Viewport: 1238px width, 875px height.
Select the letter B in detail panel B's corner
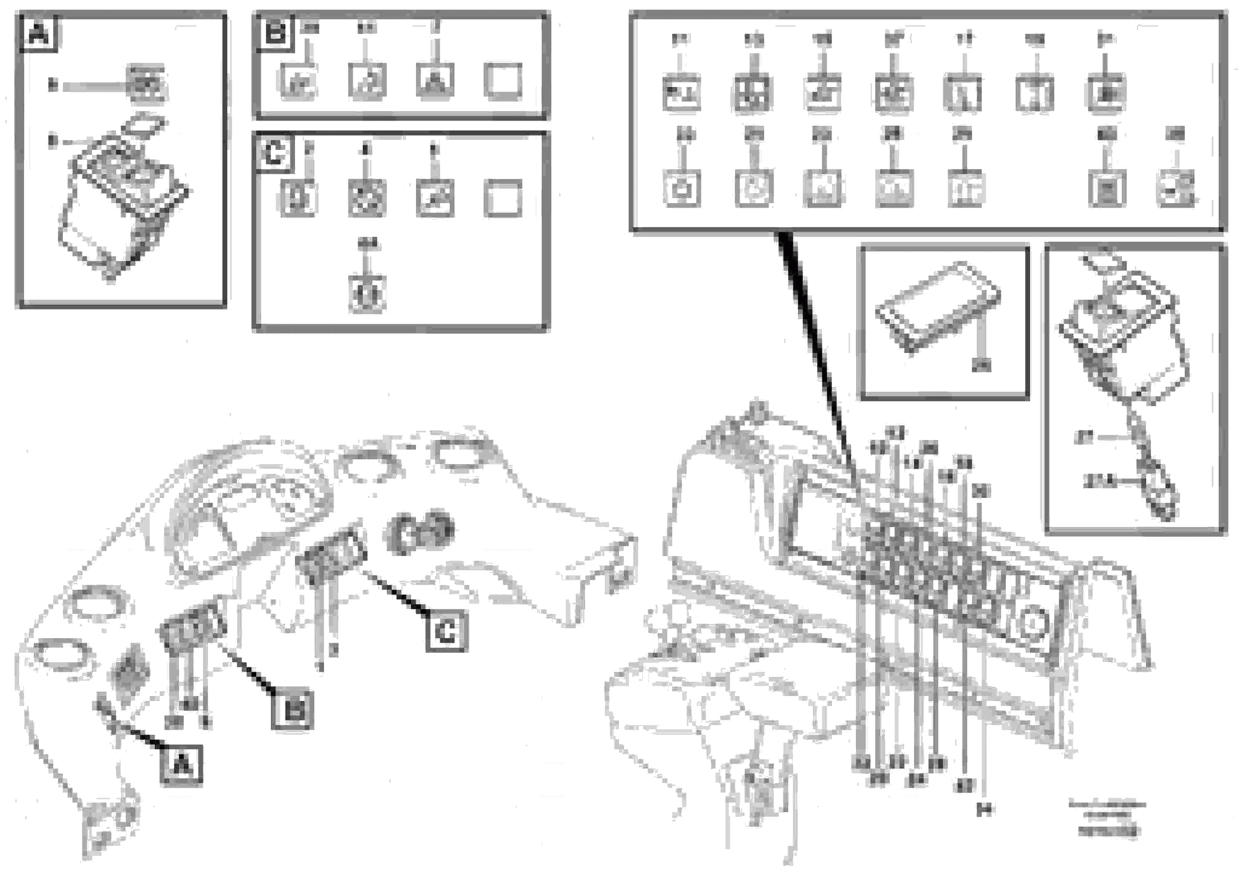pos(275,32)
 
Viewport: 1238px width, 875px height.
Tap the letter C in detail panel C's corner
pos(274,153)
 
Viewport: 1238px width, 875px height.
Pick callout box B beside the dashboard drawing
pos(293,709)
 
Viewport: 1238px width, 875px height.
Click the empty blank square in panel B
pos(503,81)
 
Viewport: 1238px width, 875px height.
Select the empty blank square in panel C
pos(503,198)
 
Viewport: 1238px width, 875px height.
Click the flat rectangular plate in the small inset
pos(938,305)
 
